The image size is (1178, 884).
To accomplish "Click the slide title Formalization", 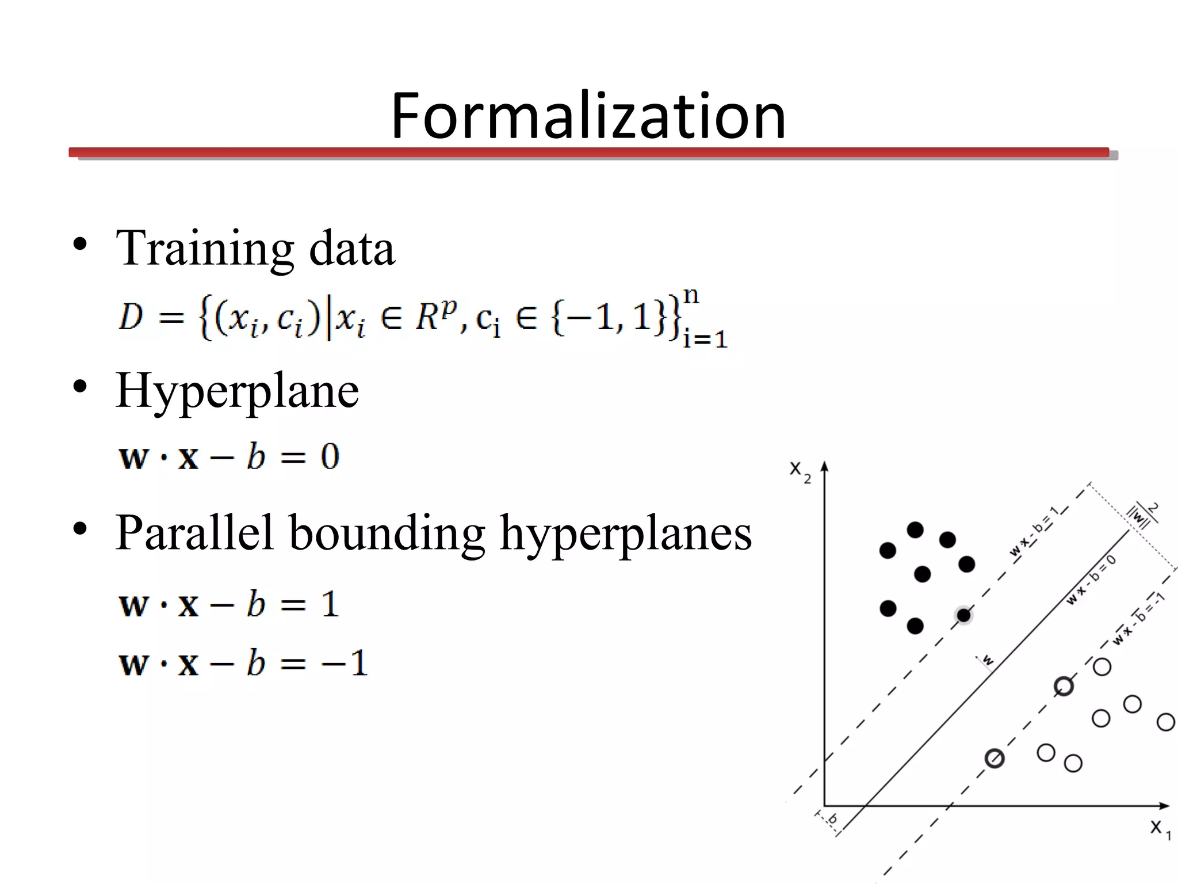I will pyautogui.click(x=588, y=116).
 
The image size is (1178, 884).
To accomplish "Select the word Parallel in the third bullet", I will pyautogui.click(x=194, y=532).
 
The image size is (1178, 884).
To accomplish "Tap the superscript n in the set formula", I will pyautogui.click(x=691, y=296).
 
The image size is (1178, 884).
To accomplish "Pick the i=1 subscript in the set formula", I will pyautogui.click(x=705, y=339).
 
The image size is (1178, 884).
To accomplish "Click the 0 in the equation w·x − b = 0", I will pyautogui.click(x=330, y=457).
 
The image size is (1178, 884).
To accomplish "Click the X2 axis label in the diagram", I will pyautogui.click(x=800, y=471).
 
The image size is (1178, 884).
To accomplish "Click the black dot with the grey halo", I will pyautogui.click(x=964, y=615).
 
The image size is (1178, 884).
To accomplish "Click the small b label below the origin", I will pyautogui.click(x=832, y=819).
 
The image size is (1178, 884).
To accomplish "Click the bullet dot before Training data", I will pyautogui.click(x=80, y=245).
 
